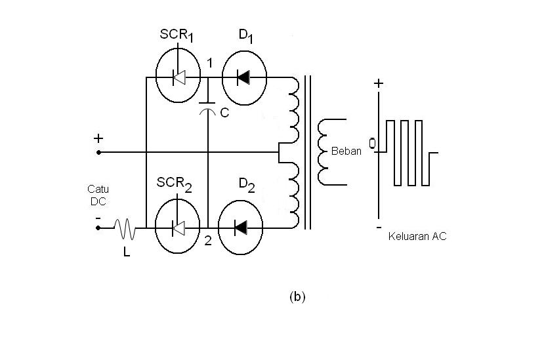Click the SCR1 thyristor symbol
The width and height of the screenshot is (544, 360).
pyautogui.click(x=178, y=77)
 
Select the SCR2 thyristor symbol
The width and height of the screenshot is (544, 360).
pyautogui.click(x=178, y=228)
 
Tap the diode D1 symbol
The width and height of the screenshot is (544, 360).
pyautogui.click(x=244, y=77)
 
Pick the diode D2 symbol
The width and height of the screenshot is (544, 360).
pyautogui.click(x=241, y=228)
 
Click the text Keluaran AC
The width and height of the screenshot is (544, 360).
pyautogui.click(x=417, y=236)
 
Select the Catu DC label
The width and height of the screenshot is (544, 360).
pyautogui.click(x=98, y=195)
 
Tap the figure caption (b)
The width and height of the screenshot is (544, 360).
pyautogui.click(x=297, y=296)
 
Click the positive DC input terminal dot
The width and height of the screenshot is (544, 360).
pyautogui.click(x=98, y=152)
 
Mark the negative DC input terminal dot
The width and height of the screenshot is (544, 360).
pyautogui.click(x=98, y=228)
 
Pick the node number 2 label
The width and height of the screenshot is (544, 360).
pyautogui.click(x=207, y=241)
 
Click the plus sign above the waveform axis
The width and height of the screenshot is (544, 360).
pyautogui.click(x=379, y=84)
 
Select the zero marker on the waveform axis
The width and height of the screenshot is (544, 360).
pyautogui.click(x=373, y=144)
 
